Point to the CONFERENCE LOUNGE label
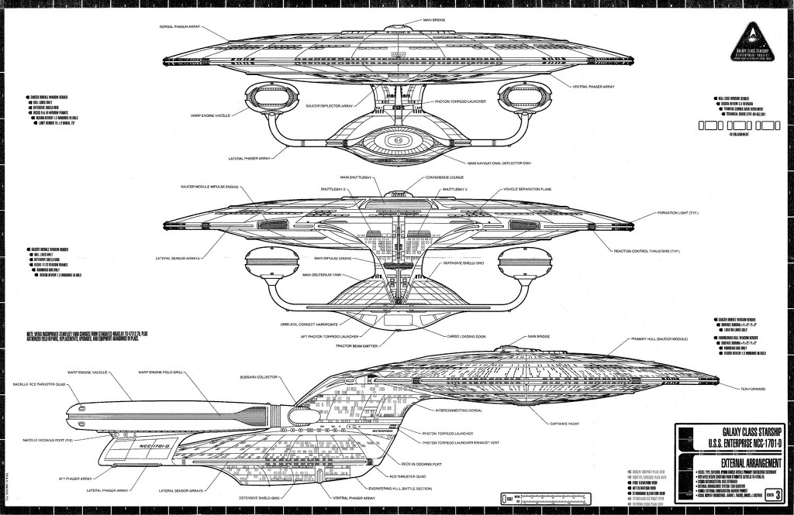coord(444,177)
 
